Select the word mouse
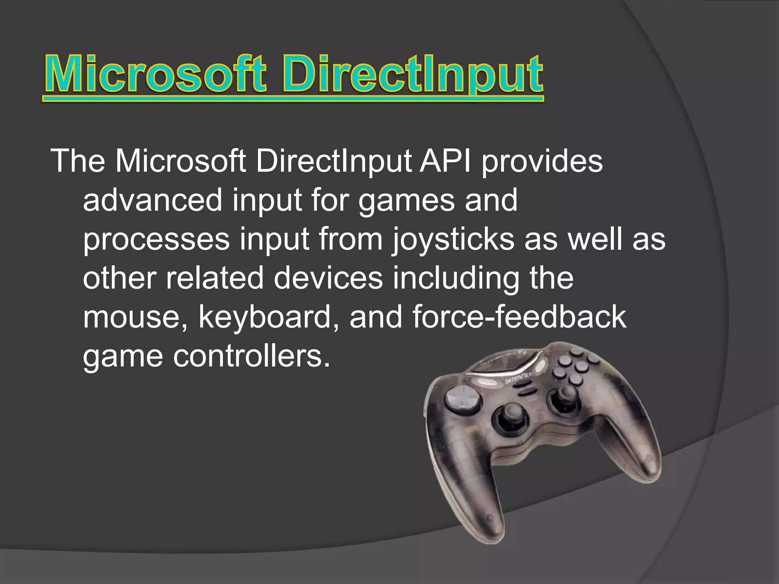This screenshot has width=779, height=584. [135, 317]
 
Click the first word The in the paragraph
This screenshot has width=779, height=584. [78, 161]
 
